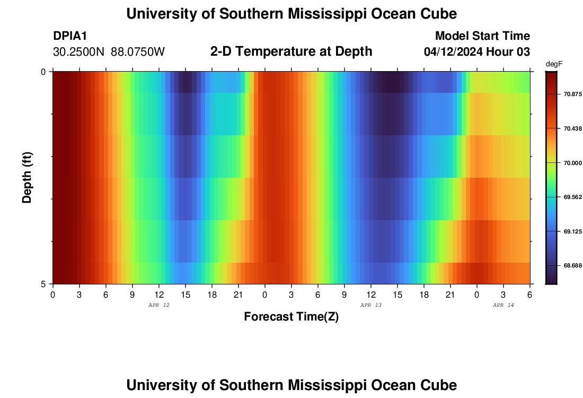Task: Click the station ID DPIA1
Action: coord(70,36)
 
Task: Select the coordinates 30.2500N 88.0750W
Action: coord(109,52)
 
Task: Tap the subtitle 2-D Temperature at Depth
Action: coord(291,51)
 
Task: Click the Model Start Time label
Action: coord(482,36)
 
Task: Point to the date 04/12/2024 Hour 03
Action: coord(477,52)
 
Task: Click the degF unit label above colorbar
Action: coord(553,64)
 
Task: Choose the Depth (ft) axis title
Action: coord(27,177)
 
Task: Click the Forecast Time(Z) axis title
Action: coord(291,317)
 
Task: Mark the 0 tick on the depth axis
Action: coord(43,72)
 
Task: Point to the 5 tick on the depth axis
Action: coord(43,284)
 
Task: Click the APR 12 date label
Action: coord(159,305)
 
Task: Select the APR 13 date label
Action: coord(371,305)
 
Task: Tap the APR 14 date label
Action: coord(503,305)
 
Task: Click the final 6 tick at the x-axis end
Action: coord(530,295)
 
